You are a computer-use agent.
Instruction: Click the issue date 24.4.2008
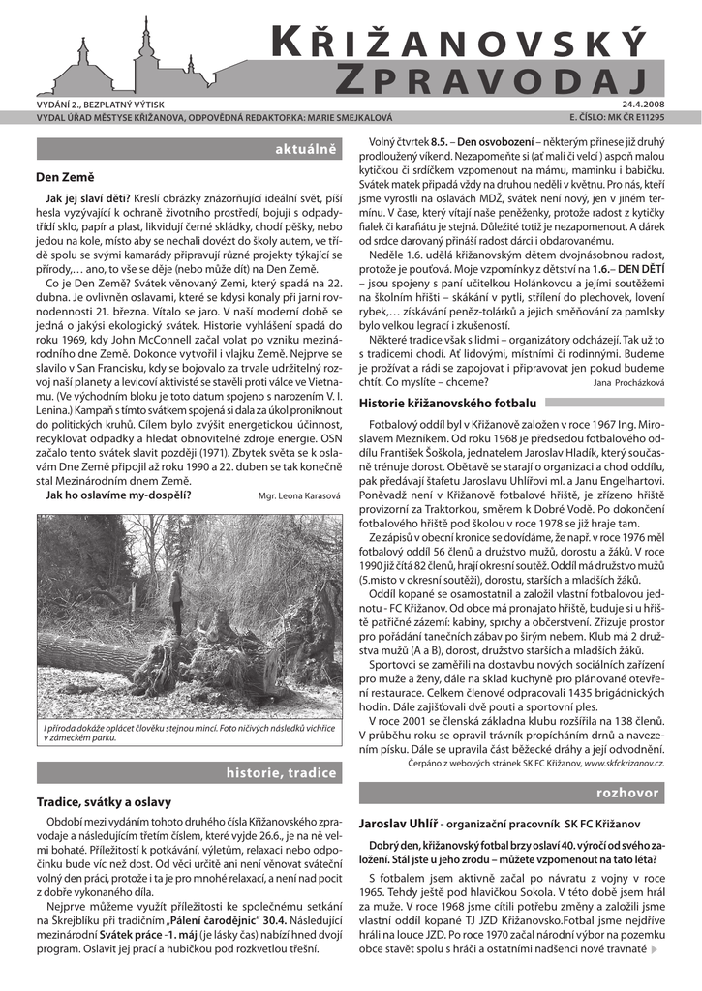pyautogui.click(x=644, y=105)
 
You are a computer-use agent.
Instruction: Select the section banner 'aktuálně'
pyautogui.click(x=305, y=150)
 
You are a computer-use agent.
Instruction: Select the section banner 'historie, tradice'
pyautogui.click(x=281, y=773)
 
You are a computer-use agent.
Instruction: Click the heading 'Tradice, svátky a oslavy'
pyautogui.click(x=104, y=802)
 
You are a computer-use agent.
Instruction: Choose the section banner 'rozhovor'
pyautogui.click(x=631, y=793)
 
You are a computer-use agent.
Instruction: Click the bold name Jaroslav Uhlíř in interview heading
pyautogui.click(x=397, y=823)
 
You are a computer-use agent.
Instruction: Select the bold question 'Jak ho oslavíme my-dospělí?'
pyautogui.click(x=118, y=495)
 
